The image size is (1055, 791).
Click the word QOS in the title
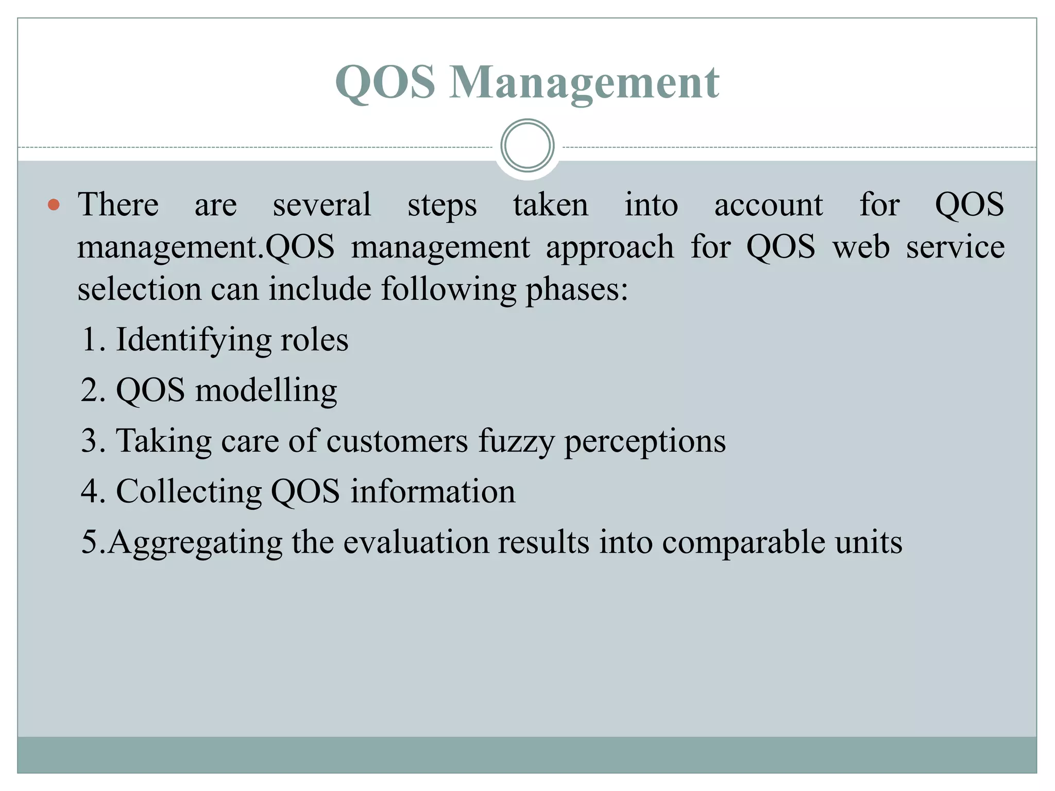[385, 83]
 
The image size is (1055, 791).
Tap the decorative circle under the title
[527, 146]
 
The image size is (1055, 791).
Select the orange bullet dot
[54, 205]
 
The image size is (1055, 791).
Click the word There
[118, 204]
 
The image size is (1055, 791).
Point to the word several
[322, 204]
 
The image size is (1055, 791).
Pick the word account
[768, 205]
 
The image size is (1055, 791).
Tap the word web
[861, 247]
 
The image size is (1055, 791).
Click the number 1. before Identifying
[94, 340]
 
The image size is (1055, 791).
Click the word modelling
[266, 390]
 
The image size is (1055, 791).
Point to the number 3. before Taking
[94, 441]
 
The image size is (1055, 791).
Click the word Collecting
[189, 492]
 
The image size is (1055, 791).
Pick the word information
[433, 491]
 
